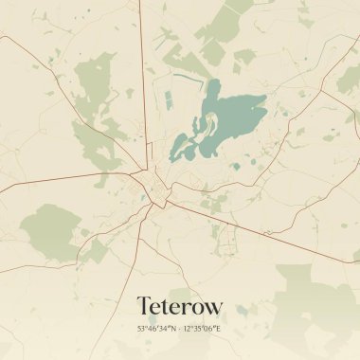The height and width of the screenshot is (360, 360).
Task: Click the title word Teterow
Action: pyautogui.click(x=180, y=306)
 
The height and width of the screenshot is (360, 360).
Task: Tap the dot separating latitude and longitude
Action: pyautogui.click(x=180, y=329)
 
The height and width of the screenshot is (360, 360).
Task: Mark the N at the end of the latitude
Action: pyautogui.click(x=171, y=329)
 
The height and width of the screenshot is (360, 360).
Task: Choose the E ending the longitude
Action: pyautogui.click(x=219, y=329)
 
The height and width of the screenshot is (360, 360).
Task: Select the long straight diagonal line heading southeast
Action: pyautogui.click(x=275, y=237)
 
